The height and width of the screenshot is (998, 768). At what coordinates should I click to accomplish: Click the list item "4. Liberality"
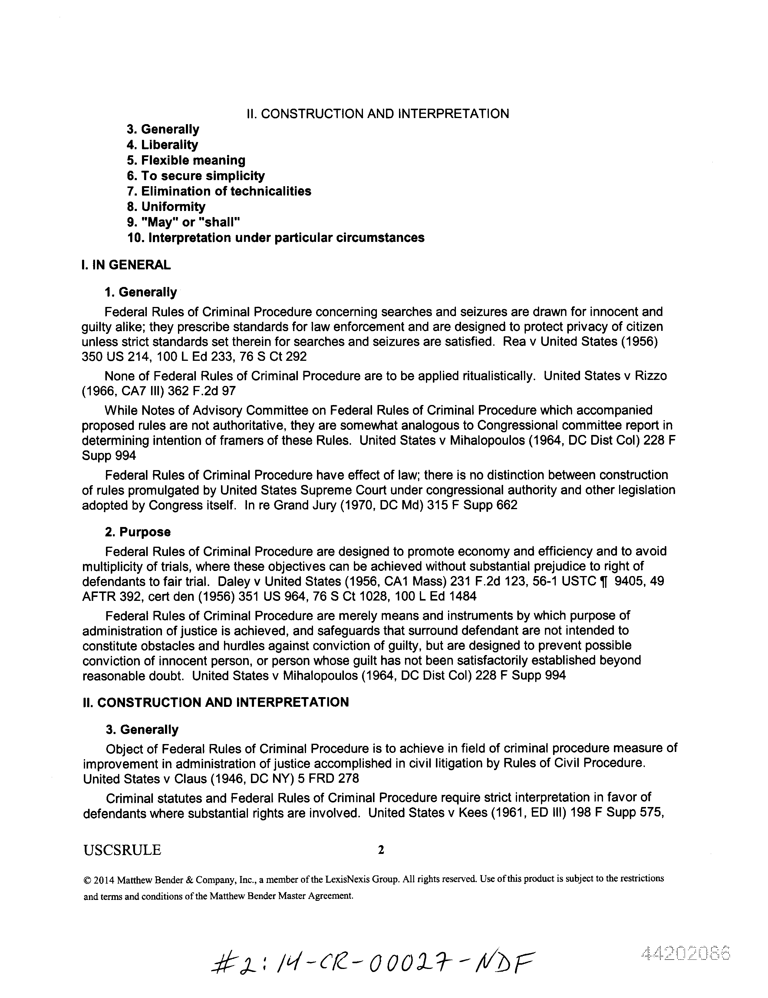[162, 145]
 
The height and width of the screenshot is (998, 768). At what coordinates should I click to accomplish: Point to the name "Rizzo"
[648, 376]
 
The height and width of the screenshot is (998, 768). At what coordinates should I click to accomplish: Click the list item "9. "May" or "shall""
[183, 222]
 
